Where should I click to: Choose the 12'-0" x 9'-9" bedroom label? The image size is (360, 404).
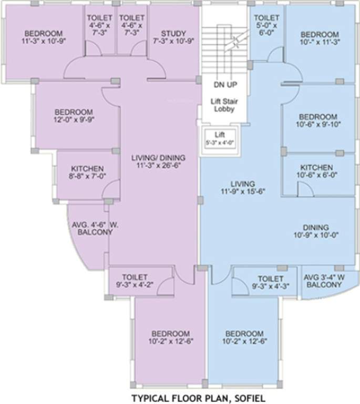pos(74,115)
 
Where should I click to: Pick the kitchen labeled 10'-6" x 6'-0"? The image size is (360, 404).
pos(316,170)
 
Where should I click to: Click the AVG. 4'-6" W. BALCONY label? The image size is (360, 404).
pos(95,228)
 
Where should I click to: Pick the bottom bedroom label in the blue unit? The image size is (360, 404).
pos(244,337)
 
